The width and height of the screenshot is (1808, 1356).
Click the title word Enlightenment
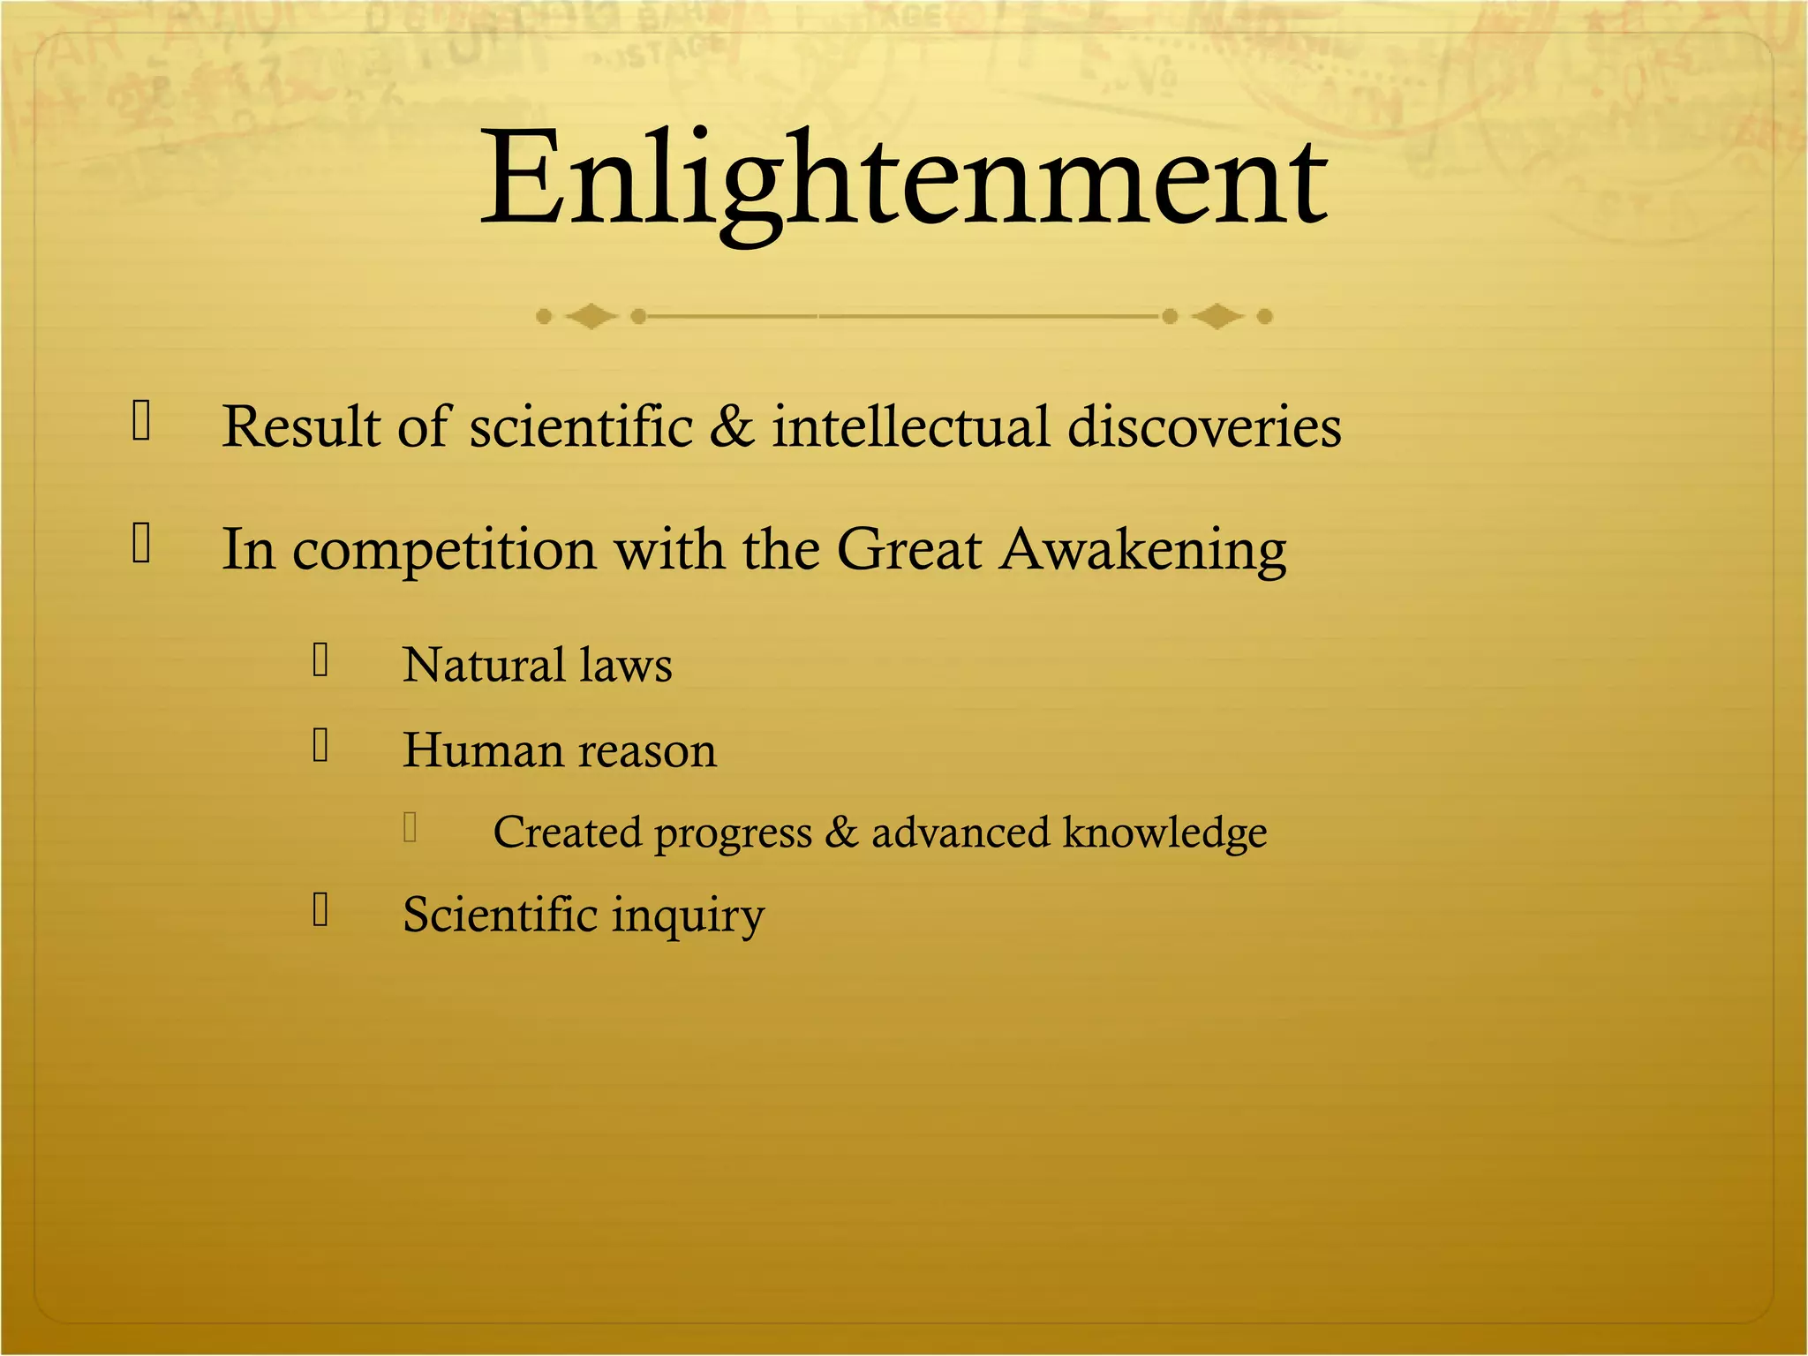(903, 181)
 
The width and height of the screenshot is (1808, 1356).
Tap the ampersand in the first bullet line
(732, 426)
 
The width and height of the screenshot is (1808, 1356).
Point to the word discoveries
(1204, 426)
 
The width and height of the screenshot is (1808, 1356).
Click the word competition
(444, 551)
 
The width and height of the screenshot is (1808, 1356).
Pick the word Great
(908, 549)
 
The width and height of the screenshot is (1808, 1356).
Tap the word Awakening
(1143, 551)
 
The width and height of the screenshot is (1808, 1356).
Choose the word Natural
(484, 665)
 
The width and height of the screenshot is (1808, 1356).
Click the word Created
(567, 832)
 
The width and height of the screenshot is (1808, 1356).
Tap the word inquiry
(688, 916)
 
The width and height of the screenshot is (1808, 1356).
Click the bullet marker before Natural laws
(320, 660)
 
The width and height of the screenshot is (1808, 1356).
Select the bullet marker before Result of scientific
(141, 420)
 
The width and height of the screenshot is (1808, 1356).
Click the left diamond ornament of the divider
(591, 316)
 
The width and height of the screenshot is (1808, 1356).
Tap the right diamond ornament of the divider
(1217, 316)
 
